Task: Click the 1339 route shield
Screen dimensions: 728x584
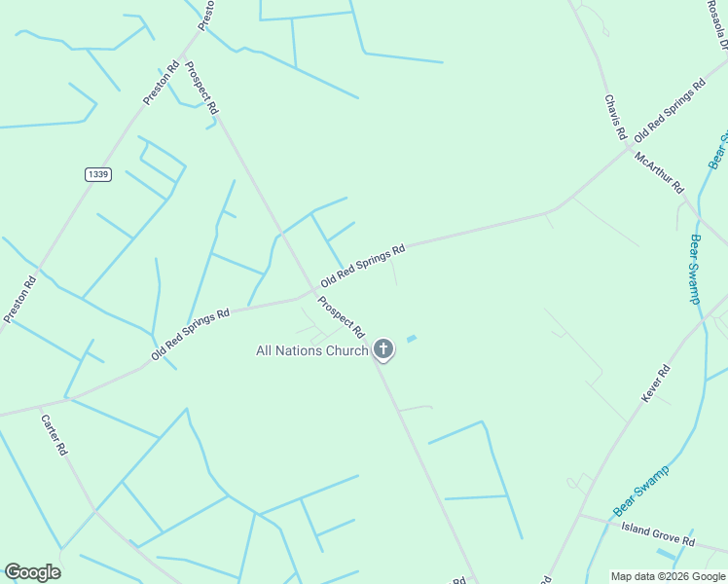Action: [97, 174]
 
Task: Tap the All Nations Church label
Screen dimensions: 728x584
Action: [311, 350]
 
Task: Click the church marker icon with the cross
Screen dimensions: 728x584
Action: [383, 348]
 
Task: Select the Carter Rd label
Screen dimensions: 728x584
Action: [54, 435]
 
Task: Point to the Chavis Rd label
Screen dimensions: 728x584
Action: [614, 117]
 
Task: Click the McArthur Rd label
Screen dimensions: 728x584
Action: [660, 172]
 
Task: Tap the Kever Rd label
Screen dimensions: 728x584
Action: [656, 383]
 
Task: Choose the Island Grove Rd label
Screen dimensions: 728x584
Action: [658, 534]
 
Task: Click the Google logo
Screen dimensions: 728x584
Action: [32, 572]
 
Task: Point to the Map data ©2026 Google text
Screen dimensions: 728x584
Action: [668, 576]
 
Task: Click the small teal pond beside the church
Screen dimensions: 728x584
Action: [411, 339]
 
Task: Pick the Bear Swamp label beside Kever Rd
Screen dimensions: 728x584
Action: [638, 495]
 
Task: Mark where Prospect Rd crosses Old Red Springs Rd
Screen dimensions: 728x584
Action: [314, 290]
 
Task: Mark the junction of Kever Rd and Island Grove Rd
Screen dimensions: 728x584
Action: [580, 516]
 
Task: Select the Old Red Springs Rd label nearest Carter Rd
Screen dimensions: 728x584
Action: [191, 334]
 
